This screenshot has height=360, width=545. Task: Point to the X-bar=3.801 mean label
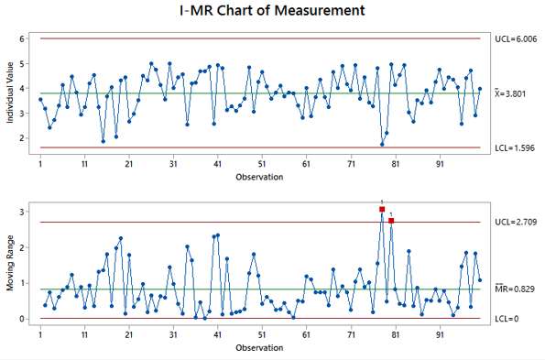tap(514, 93)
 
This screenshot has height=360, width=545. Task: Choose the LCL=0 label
tap(507, 319)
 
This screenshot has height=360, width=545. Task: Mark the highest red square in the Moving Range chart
tap(382, 210)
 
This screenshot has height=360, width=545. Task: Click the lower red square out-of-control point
tap(391, 221)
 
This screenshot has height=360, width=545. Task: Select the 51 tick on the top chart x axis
tap(261, 162)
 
